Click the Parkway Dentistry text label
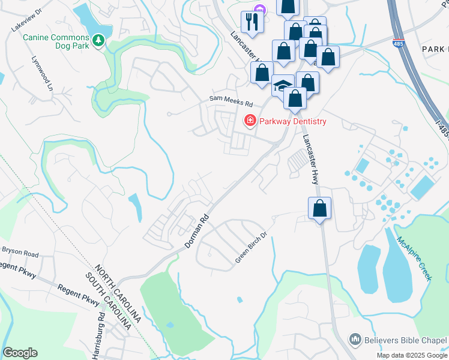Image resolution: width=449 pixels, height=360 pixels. [293, 122]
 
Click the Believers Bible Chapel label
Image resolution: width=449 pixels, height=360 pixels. [405, 340]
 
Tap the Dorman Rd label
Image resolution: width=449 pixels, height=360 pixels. [197, 229]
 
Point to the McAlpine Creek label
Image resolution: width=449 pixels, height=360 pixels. [414, 257]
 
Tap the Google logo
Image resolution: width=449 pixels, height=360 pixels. [20, 352]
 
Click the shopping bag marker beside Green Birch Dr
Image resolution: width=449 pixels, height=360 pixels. [321, 208]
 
